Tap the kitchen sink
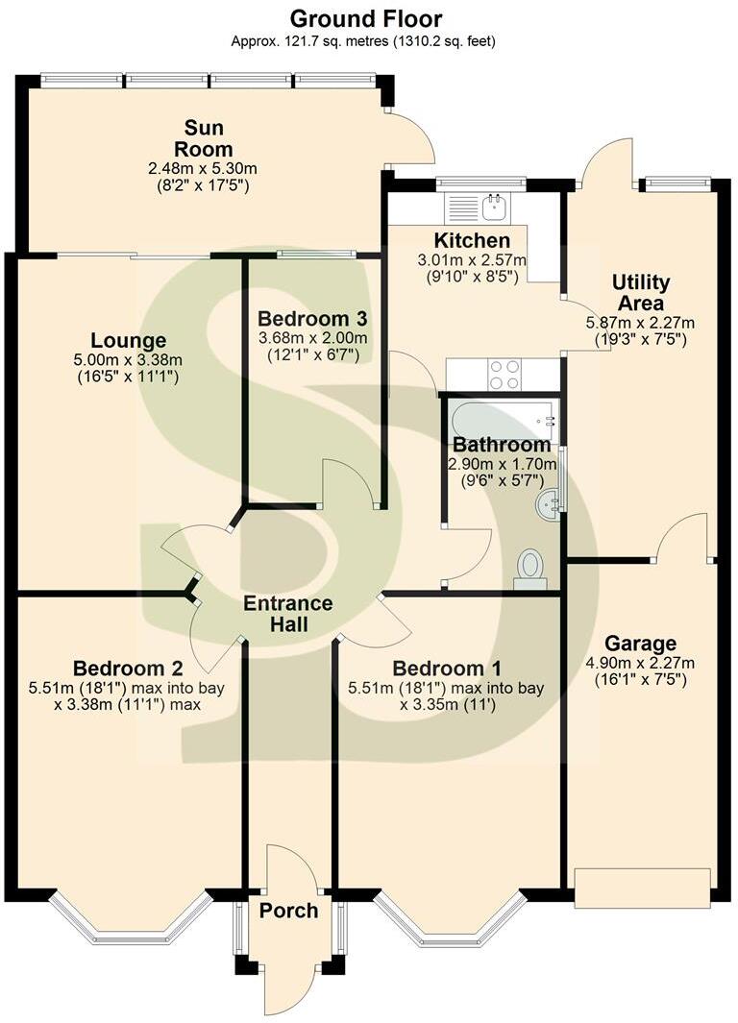[x=496, y=205]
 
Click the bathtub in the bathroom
[x=500, y=419]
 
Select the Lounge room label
[x=128, y=340]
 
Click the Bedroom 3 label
[x=312, y=318]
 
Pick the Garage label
[x=640, y=644]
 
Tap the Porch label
[x=288, y=910]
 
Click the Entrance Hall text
[x=287, y=614]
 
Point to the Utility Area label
[x=640, y=292]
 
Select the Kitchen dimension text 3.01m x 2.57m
[x=472, y=259]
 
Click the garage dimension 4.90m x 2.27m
[x=640, y=662]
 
